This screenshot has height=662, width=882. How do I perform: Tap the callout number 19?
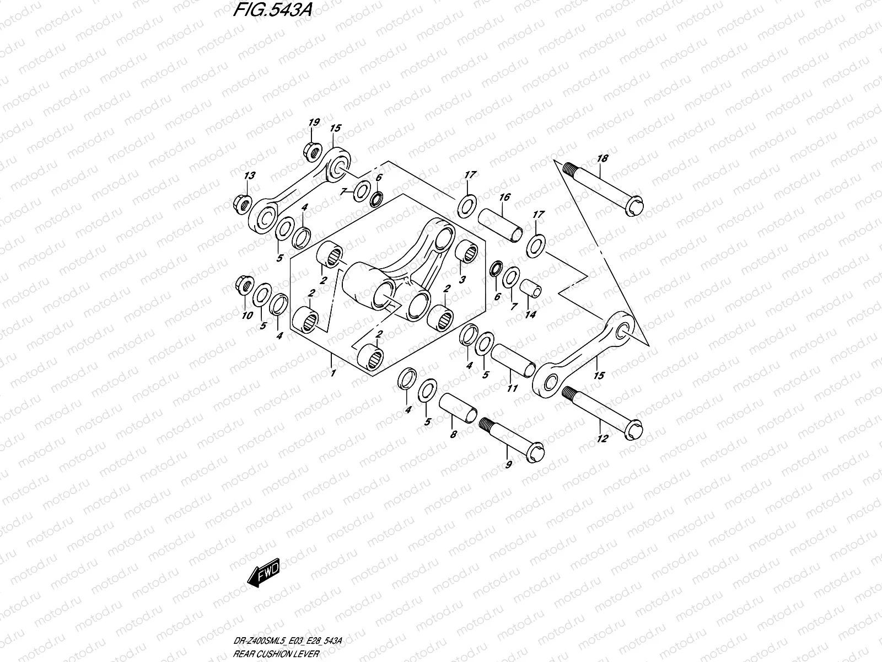tap(313, 122)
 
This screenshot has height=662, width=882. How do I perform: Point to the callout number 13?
tap(250, 176)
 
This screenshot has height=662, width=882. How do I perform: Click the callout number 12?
tap(602, 439)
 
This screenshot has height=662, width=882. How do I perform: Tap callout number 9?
tap(508, 465)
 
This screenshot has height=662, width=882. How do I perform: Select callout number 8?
tap(453, 435)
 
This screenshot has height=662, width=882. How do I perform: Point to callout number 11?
tap(512, 388)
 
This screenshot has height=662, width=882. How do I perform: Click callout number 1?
tap(332, 373)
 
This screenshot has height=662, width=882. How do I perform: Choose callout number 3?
tap(462, 280)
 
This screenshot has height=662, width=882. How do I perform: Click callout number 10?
tap(247, 316)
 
